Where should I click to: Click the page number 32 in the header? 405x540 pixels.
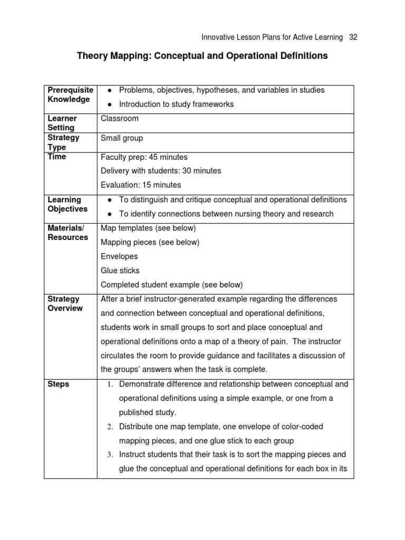click(353, 37)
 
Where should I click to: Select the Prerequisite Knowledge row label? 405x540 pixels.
click(70, 95)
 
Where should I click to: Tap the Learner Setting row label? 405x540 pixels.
click(62, 123)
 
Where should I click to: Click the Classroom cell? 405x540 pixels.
click(119, 119)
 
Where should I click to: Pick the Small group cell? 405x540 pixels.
click(122, 138)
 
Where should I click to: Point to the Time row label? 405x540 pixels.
click(57, 157)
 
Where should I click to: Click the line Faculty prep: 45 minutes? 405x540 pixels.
click(144, 157)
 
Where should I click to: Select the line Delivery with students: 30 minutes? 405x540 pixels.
click(161, 171)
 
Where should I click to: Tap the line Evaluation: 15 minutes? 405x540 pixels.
click(141, 185)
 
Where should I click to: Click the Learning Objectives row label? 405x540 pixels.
click(67, 204)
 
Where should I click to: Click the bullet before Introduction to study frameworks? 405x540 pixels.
click(108, 104)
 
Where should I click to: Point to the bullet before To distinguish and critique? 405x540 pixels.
click(108, 200)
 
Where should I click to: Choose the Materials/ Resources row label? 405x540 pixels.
click(68, 233)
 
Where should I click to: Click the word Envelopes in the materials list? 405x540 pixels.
click(119, 256)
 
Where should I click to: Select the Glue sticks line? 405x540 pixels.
click(120, 271)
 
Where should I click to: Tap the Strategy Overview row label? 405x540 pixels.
click(65, 304)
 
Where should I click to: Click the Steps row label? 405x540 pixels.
click(59, 384)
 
